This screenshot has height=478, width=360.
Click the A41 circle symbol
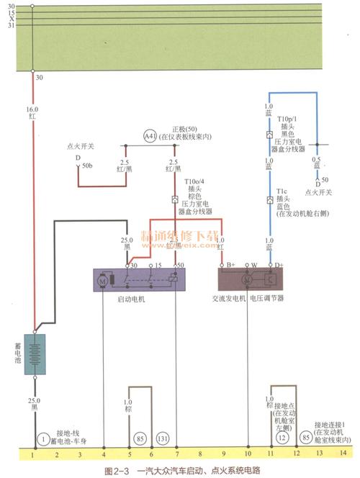tap(149, 135)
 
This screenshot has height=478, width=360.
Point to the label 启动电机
tap(130, 298)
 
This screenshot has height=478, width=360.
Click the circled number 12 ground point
tap(283, 436)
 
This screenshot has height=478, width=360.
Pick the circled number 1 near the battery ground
tap(42, 438)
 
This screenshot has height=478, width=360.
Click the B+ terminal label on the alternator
tap(231, 265)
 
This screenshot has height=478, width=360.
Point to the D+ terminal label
tap(279, 265)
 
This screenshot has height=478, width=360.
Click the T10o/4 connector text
tap(194, 182)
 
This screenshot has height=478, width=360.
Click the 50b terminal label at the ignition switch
tap(86, 166)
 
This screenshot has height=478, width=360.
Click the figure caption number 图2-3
tap(117, 471)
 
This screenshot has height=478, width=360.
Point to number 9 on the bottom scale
tap(223, 454)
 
